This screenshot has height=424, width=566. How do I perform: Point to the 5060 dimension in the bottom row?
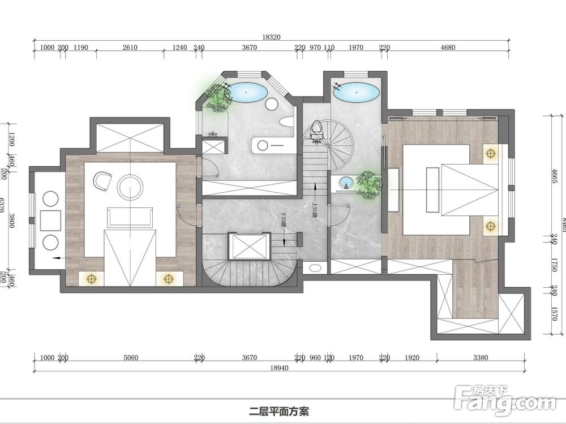tap(130, 358)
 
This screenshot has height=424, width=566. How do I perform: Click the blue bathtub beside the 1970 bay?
tap(355, 92)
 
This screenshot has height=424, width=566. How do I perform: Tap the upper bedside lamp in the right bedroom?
tap(490, 152)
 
